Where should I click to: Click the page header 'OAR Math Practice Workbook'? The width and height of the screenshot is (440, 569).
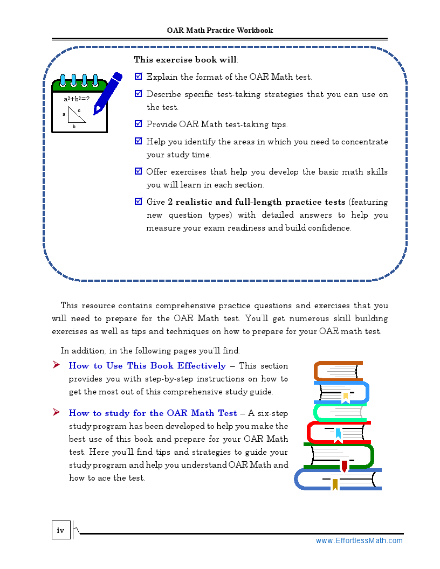220,30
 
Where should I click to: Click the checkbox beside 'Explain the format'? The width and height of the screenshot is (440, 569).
138,77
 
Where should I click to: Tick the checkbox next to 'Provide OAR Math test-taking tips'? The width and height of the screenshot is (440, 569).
138,124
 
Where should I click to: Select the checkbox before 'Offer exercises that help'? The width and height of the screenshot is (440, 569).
138,171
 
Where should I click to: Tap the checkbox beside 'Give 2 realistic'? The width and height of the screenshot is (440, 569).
138,202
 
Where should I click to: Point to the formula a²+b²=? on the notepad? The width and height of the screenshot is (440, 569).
77,99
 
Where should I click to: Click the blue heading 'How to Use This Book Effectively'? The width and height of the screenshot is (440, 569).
147,366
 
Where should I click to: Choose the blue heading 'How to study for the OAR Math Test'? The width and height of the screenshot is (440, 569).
153,413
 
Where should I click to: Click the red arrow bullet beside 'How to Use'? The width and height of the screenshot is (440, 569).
56,365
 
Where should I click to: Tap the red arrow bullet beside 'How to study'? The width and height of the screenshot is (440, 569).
56,413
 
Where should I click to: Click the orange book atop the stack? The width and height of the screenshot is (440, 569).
338,370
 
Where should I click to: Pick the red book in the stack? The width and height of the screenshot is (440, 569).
338,432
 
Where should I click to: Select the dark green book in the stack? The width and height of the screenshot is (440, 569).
339,455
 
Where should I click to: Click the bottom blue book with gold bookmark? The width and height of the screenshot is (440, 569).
338,479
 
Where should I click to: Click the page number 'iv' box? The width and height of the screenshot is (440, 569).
61,530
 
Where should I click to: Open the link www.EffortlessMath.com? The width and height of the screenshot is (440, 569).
359,540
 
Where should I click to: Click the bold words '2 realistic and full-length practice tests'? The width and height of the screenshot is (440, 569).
256,202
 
